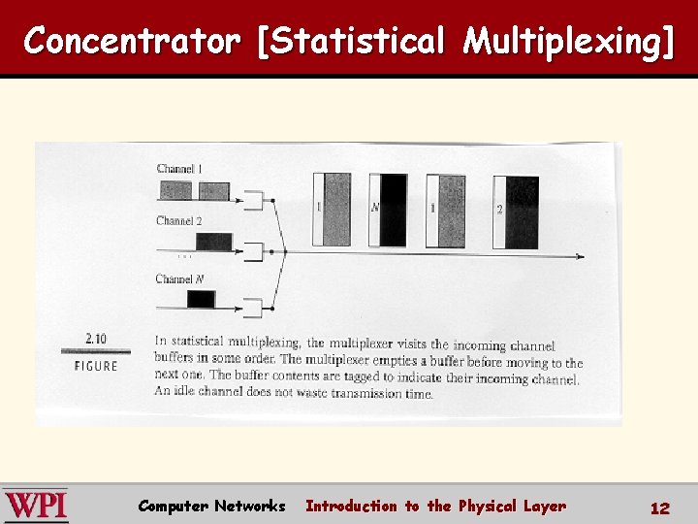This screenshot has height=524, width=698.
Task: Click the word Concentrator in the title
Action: point(132,42)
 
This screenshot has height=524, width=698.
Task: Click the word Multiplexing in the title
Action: point(567,42)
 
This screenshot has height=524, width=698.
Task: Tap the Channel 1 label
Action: point(179,169)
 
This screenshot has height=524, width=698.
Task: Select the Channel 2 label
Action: point(179,221)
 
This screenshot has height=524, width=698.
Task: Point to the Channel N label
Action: point(180,279)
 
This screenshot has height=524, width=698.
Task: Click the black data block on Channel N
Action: point(200,299)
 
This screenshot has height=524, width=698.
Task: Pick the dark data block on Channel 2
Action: point(213,241)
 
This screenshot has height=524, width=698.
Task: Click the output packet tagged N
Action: point(388,209)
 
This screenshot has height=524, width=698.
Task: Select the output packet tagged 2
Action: point(516,211)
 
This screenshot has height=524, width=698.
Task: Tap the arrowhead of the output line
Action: point(579,256)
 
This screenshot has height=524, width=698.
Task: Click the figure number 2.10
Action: point(96,339)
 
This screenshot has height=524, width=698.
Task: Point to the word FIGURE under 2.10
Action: point(96,366)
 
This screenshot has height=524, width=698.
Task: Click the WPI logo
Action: point(36,506)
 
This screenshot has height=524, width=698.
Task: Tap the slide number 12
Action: point(660,508)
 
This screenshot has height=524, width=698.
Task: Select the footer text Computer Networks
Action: point(211,506)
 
